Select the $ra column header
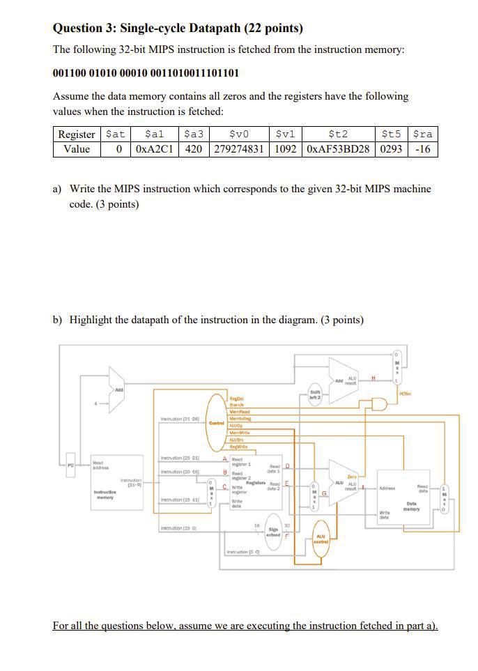click(x=422, y=134)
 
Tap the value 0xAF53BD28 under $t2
click(x=338, y=149)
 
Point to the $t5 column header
click(x=392, y=134)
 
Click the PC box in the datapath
click(x=70, y=463)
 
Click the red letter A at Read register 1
click(x=224, y=458)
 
